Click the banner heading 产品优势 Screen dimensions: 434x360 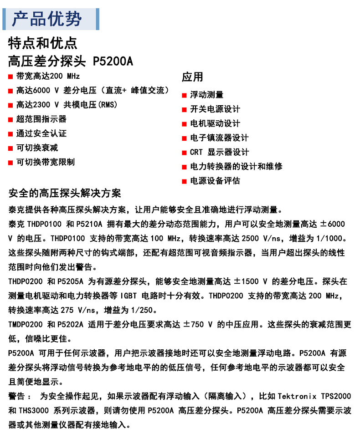click(x=47, y=19)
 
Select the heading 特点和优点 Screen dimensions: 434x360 click(x=43, y=43)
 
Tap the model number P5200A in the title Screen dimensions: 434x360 click(x=113, y=61)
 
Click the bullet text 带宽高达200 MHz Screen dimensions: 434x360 click(x=48, y=76)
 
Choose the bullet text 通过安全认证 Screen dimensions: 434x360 click(x=41, y=133)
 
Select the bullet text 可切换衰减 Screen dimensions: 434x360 click(x=37, y=148)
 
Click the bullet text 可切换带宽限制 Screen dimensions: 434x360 click(x=46, y=162)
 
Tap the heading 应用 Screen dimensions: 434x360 click(x=192, y=77)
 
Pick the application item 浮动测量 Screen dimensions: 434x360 click(x=207, y=95)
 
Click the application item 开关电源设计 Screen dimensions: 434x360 click(x=215, y=109)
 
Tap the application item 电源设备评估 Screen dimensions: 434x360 click(x=215, y=181)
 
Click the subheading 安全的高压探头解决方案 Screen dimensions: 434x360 click(x=65, y=193)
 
